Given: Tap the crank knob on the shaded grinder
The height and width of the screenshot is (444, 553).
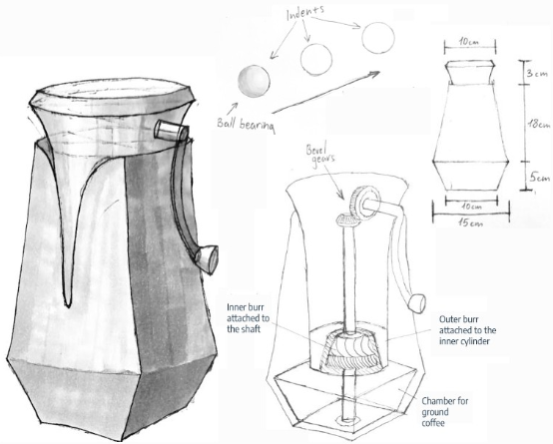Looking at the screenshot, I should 207,258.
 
